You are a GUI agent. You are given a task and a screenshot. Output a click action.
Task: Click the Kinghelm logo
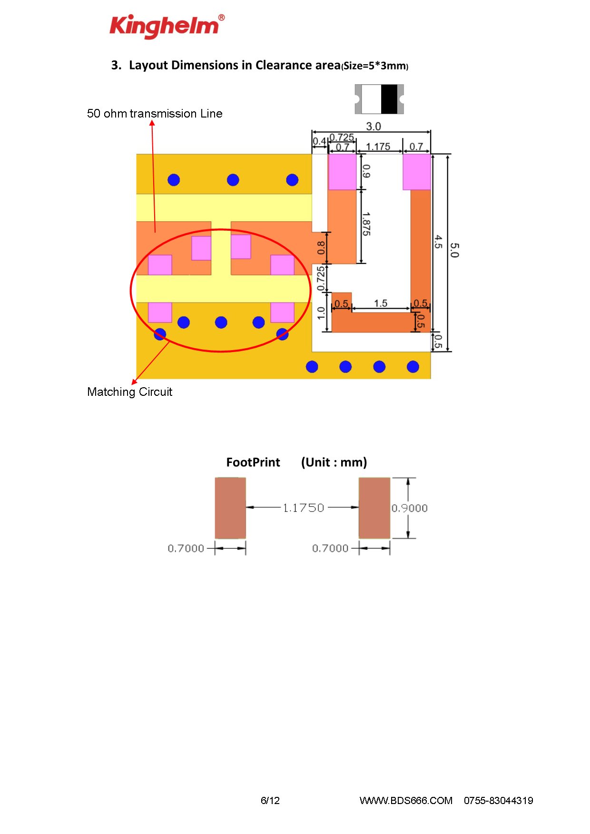pyautogui.click(x=167, y=26)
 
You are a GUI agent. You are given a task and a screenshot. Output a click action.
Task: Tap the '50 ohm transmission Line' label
pyautogui.click(x=155, y=114)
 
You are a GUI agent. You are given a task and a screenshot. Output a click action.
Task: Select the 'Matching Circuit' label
pyautogui.click(x=129, y=392)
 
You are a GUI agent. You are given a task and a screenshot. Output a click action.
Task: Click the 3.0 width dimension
pyautogui.click(x=374, y=126)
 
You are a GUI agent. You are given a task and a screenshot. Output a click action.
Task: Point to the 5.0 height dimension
pyautogui.click(x=454, y=250)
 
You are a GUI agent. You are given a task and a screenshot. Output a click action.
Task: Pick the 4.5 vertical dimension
pyautogui.click(x=438, y=242)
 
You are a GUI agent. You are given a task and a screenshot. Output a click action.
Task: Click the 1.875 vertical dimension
pyautogui.click(x=366, y=224)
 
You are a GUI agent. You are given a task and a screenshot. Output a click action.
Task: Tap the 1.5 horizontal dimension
pyautogui.click(x=381, y=304)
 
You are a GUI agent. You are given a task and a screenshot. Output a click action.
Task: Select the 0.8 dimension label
pyautogui.click(x=321, y=247)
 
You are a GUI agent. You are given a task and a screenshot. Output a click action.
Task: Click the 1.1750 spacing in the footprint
pyautogui.click(x=303, y=508)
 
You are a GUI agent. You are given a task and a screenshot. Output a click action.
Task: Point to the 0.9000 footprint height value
pyautogui.click(x=409, y=508)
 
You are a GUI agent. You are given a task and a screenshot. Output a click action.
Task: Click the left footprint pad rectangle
pyautogui.click(x=230, y=508)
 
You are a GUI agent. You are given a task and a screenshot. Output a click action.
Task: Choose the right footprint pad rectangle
pyautogui.click(x=374, y=508)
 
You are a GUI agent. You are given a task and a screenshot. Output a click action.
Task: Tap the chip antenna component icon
pyautogui.click(x=379, y=99)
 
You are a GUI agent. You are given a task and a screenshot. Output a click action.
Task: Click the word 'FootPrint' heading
pyautogui.click(x=253, y=462)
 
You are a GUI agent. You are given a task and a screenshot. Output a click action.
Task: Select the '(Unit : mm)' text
pyautogui.click(x=334, y=462)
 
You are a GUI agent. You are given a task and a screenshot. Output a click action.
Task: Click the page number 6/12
pyautogui.click(x=270, y=801)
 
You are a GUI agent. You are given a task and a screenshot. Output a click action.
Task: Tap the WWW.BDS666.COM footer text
pyautogui.click(x=406, y=801)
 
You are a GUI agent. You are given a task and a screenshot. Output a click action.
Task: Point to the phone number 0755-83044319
pyautogui.click(x=498, y=801)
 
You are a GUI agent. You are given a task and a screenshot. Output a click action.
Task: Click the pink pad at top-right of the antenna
pyautogui.click(x=417, y=172)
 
